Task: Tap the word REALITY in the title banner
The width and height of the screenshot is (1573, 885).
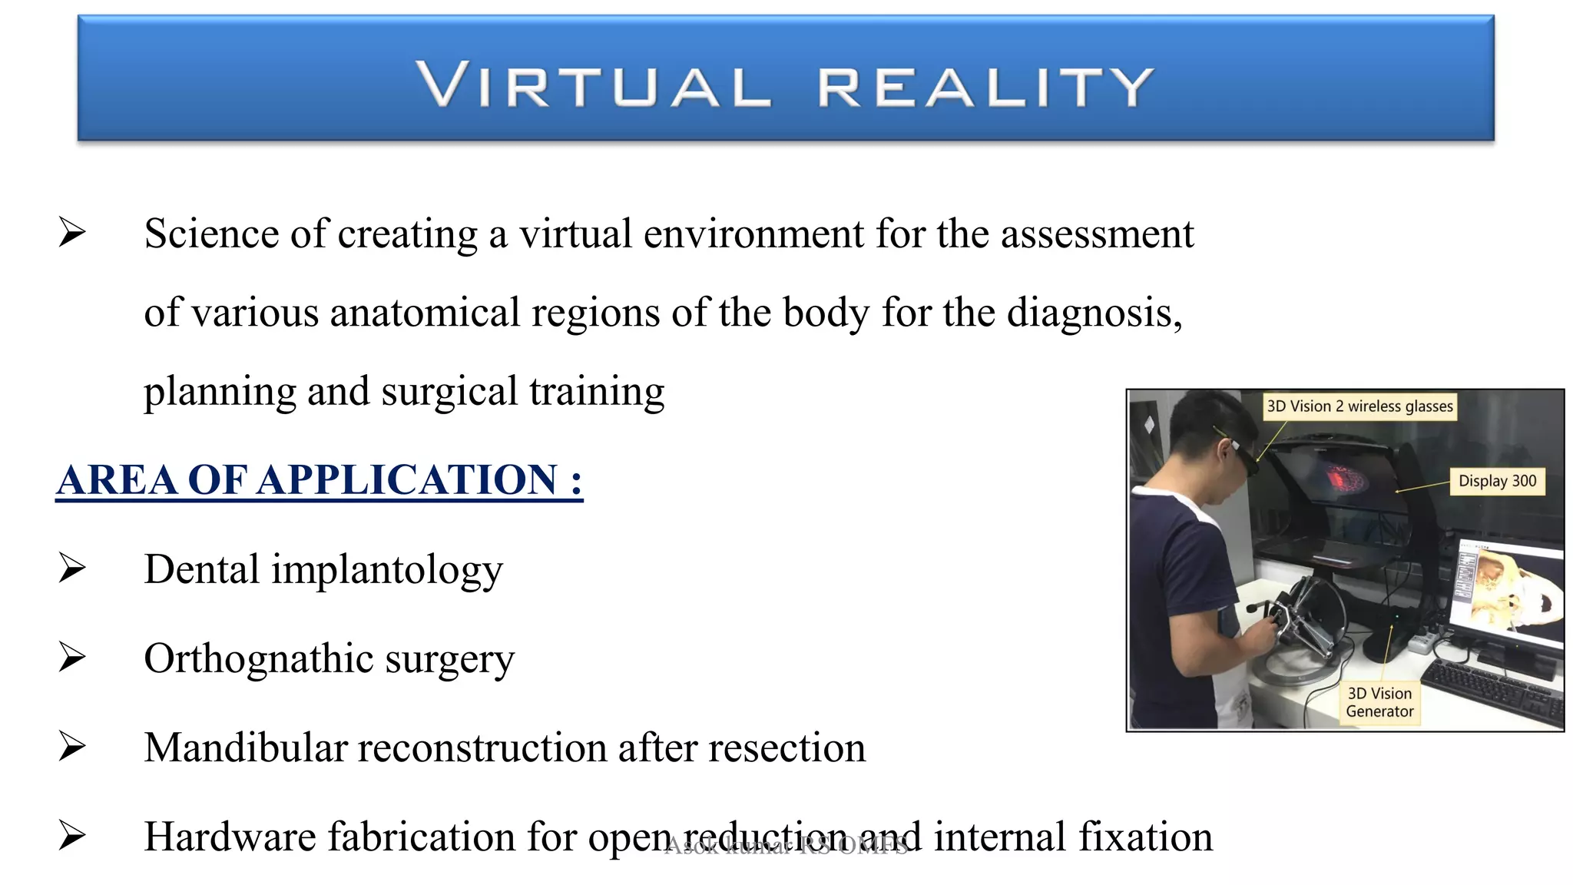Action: point(985,85)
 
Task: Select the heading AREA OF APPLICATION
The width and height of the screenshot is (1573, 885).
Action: point(319,480)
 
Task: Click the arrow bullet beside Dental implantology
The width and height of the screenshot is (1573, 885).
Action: point(72,569)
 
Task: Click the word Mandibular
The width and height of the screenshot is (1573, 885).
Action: point(245,747)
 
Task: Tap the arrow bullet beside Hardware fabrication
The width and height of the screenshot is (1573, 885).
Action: point(72,836)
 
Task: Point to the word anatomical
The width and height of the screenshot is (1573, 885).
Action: point(426,313)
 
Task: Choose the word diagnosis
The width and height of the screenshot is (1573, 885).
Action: point(1091,313)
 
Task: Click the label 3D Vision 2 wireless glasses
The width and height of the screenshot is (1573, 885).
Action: point(1359,406)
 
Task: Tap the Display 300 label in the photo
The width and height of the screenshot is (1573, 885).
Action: point(1497,482)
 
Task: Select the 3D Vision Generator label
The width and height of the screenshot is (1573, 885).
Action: point(1379,702)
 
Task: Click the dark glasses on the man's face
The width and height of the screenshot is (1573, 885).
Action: point(1243,455)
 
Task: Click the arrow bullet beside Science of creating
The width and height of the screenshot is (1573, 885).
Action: point(72,233)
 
